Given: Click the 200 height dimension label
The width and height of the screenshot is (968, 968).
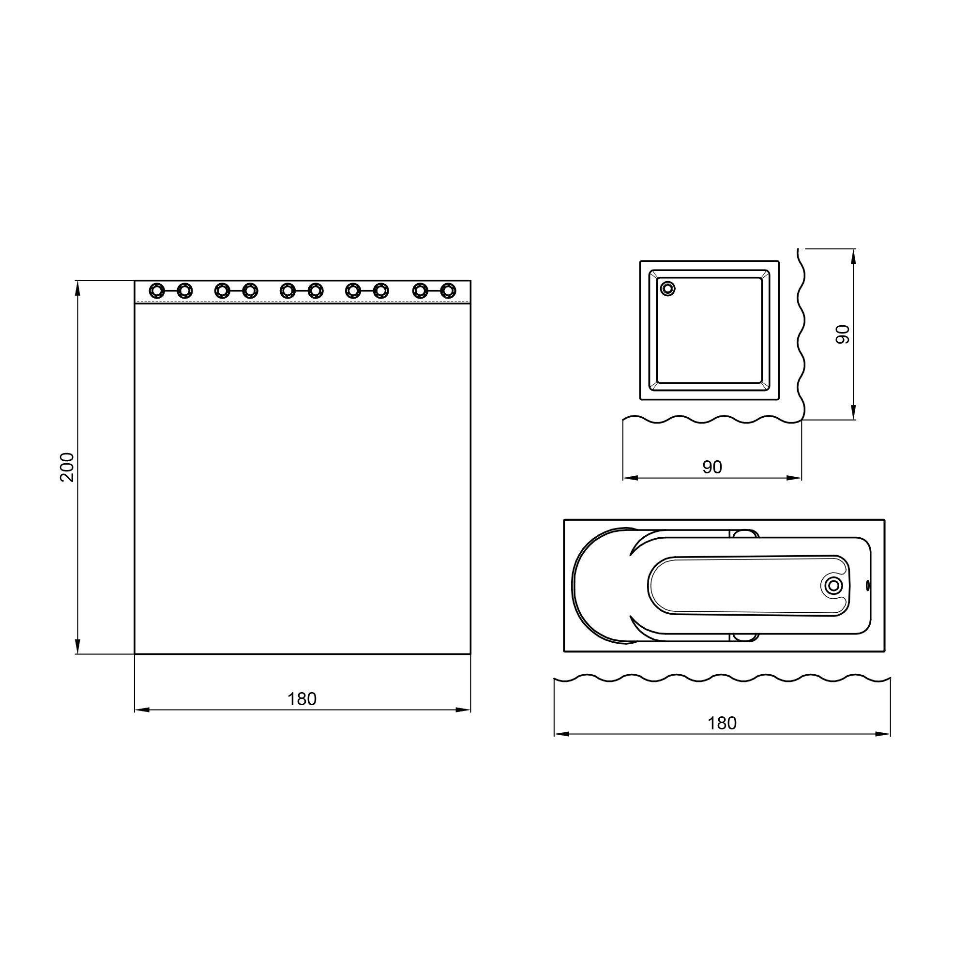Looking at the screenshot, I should click(67, 467).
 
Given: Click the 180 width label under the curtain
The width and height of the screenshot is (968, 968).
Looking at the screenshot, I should click(302, 699).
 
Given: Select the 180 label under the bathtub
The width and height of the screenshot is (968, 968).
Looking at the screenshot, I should click(722, 723).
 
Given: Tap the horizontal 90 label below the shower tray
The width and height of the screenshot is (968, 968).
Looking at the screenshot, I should click(711, 467).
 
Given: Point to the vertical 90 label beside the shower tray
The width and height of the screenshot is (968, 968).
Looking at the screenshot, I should click(843, 334).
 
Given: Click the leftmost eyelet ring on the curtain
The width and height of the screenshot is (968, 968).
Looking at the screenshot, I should click(157, 290).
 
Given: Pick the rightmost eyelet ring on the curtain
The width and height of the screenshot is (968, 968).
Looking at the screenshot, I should click(448, 290).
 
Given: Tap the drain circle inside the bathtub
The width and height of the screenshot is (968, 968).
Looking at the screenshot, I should click(833, 585).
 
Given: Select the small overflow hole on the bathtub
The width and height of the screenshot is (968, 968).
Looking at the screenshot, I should click(868, 585).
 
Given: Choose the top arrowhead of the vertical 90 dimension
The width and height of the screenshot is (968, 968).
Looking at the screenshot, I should click(854, 255).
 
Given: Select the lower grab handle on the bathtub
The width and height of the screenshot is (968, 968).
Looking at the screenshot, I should click(745, 637).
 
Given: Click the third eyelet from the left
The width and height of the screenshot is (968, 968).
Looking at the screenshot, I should click(222, 290).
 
